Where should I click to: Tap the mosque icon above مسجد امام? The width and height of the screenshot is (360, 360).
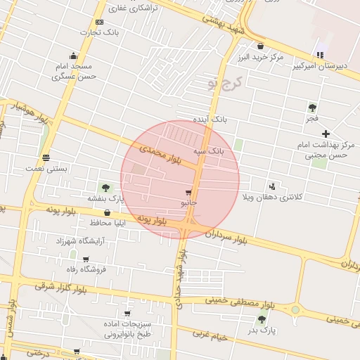click(x=73, y=56)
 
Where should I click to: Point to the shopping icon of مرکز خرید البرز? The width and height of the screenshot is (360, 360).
click(x=260, y=46)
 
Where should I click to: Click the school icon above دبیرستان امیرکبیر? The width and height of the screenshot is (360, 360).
click(x=320, y=55)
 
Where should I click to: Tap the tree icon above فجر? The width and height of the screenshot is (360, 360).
click(x=312, y=108)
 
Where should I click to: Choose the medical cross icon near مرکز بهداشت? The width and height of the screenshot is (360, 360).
click(x=325, y=133)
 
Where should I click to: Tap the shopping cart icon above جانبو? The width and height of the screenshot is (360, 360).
click(x=188, y=192)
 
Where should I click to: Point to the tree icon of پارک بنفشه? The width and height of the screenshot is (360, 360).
click(x=105, y=187)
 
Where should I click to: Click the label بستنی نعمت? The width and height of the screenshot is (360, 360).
click(x=46, y=169)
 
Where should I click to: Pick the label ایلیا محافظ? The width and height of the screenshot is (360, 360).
click(x=107, y=223)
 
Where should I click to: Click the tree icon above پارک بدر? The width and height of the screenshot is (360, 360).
click(x=262, y=319)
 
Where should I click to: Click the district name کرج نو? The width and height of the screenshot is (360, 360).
click(x=224, y=84)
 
